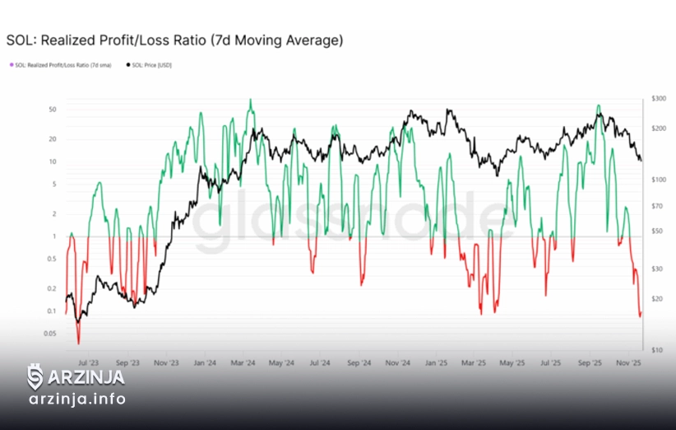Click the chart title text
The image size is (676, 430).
(174, 40)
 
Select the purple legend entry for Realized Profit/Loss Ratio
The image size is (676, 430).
(62, 65)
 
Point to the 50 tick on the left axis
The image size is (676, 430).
(52, 110)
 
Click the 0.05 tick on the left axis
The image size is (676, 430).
(50, 334)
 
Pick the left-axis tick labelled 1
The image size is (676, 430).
(53, 236)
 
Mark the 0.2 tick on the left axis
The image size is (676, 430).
(51, 289)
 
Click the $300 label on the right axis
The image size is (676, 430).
(658, 98)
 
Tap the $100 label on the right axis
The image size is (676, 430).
(658, 179)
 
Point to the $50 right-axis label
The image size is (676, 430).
(656, 231)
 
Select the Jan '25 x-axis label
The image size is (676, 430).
(436, 362)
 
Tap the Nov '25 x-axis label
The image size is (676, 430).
(629, 362)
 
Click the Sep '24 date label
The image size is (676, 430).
(359, 362)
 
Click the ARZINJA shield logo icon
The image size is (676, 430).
(35, 378)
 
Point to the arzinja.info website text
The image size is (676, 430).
(77, 400)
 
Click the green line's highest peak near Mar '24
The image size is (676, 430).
(251, 100)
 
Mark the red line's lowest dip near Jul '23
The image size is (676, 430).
(79, 343)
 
